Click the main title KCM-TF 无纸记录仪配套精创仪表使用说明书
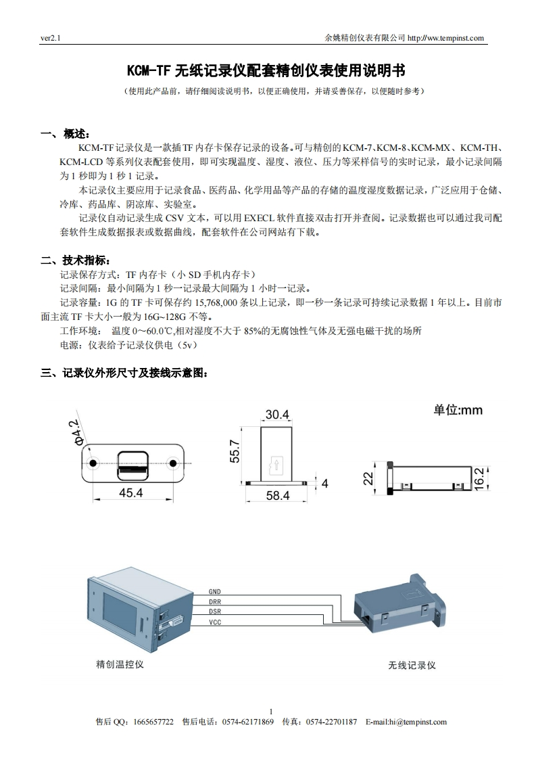coord(267,70)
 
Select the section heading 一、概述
coord(66,133)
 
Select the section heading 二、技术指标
coord(74,260)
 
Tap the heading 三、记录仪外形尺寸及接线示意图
coord(125,372)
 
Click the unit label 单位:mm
coord(458,410)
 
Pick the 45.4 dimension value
coord(130,493)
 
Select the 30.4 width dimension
coord(277,414)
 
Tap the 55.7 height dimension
coord(235,451)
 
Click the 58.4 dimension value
coord(277,496)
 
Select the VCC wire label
coord(214,622)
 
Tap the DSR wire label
coord(214,612)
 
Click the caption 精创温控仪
coord(120,664)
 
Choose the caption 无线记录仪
coord(412,665)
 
